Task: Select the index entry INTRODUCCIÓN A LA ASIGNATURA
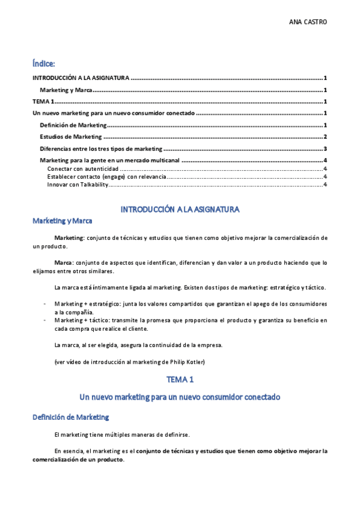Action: click(x=81, y=78)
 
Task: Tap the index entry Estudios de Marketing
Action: click(x=70, y=137)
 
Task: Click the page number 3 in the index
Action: click(x=325, y=149)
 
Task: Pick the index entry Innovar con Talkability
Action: click(x=77, y=185)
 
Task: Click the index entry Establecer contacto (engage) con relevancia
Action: click(x=105, y=177)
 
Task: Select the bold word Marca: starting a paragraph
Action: click(x=63, y=263)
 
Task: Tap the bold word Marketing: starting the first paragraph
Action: click(x=69, y=238)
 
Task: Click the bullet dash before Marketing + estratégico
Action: click(x=45, y=304)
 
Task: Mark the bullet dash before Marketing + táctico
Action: click(x=45, y=321)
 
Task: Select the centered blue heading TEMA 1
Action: click(x=180, y=379)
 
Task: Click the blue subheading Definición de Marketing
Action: click(x=71, y=417)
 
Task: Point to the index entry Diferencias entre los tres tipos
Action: click(x=100, y=149)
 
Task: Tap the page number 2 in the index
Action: click(x=325, y=137)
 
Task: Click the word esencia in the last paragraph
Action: click(x=73, y=450)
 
